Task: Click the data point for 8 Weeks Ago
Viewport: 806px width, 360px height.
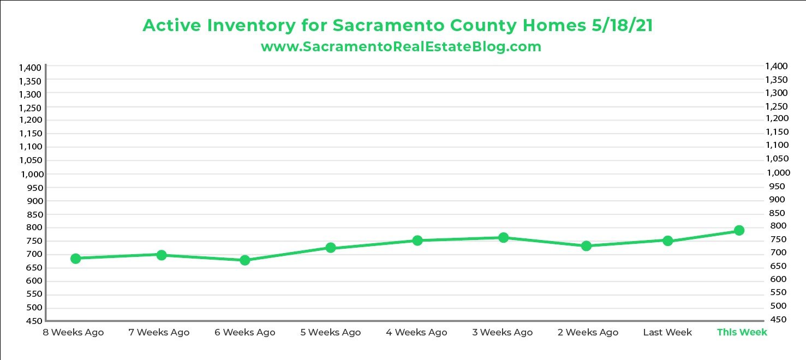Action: (x=76, y=259)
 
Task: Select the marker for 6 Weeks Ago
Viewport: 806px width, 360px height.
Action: (x=245, y=260)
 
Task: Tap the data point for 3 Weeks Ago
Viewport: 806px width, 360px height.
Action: (x=503, y=238)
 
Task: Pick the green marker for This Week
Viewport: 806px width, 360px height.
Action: (x=739, y=231)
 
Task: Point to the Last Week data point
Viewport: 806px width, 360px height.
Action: (x=667, y=241)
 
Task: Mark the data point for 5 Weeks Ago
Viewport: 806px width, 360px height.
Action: (x=330, y=248)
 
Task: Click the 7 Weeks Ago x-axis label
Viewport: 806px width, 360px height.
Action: (x=159, y=332)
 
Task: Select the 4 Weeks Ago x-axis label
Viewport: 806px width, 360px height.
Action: (x=416, y=332)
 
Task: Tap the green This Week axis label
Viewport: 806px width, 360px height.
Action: (x=742, y=332)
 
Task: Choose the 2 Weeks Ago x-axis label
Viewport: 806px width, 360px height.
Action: (x=588, y=332)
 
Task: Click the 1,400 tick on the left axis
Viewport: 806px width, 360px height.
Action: (x=30, y=68)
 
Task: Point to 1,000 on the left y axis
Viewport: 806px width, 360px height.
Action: (x=30, y=174)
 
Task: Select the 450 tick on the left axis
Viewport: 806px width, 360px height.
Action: (x=34, y=321)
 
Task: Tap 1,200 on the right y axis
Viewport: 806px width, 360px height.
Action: (x=777, y=118)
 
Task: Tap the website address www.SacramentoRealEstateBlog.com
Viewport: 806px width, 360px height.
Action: (x=401, y=47)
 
